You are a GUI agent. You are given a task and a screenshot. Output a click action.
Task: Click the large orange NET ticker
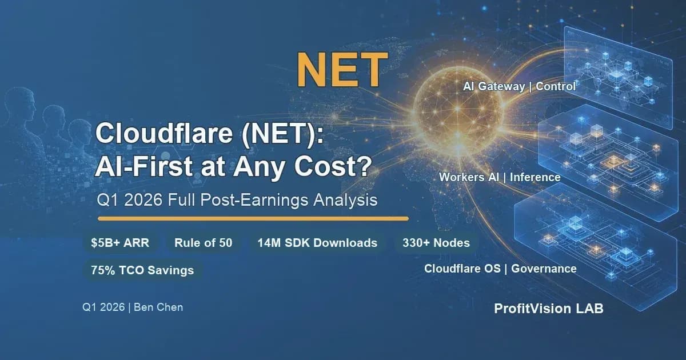[342, 70]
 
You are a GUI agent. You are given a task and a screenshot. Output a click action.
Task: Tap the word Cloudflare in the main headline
[164, 133]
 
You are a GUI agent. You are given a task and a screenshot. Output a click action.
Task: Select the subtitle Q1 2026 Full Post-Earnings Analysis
[237, 200]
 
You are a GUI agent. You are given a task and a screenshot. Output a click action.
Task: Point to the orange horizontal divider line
[253, 218]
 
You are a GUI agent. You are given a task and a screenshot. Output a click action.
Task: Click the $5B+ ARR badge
[121, 243]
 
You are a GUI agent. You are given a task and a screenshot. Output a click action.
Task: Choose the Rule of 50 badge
[204, 243]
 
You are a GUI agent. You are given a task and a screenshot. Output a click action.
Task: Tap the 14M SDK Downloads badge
[317, 243]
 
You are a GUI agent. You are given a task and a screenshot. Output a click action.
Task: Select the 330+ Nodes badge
[436, 243]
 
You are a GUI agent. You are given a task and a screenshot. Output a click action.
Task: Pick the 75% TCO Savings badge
[142, 270]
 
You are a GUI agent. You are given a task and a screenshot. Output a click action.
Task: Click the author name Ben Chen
[158, 307]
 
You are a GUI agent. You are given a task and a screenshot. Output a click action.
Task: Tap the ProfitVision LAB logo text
[548, 309]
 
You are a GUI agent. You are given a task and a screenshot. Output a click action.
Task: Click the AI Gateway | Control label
[520, 86]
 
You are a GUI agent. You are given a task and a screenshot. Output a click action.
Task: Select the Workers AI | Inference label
[500, 177]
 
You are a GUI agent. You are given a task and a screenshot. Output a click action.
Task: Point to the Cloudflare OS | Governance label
[500, 269]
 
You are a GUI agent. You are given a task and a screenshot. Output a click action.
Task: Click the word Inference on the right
[535, 177]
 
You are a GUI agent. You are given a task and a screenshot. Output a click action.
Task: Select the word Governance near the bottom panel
[544, 269]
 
